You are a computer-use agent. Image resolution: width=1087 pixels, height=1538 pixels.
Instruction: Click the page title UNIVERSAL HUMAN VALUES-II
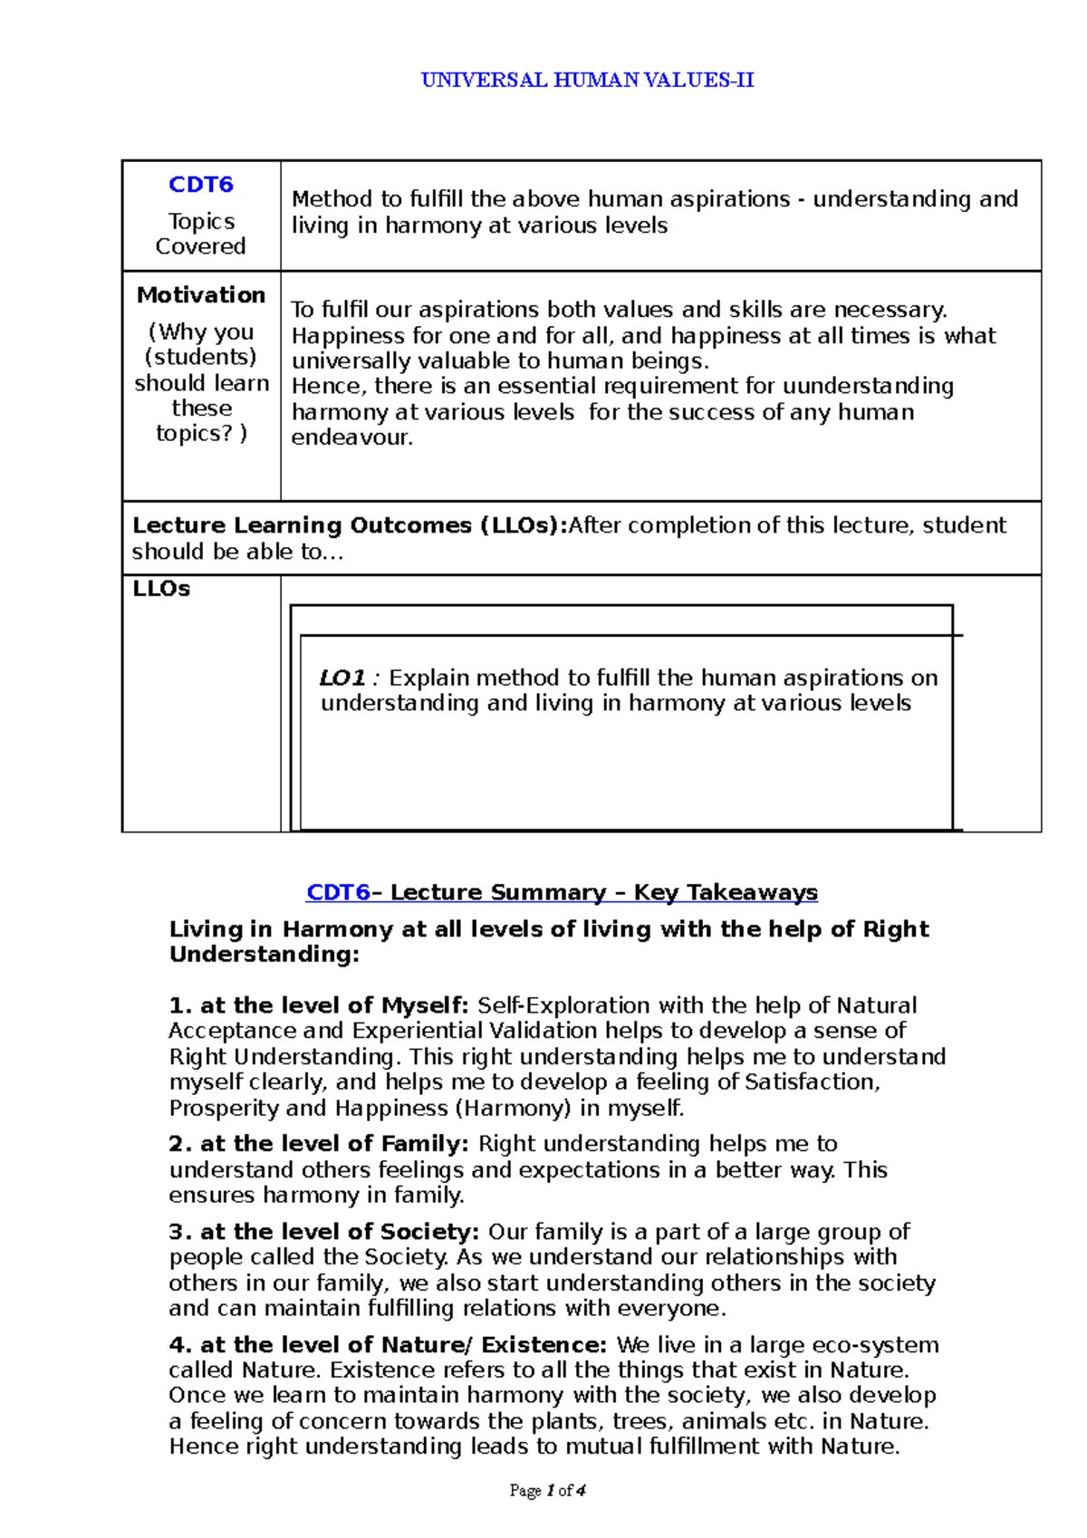(x=587, y=80)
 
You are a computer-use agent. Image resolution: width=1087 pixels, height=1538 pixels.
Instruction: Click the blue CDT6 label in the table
(x=201, y=185)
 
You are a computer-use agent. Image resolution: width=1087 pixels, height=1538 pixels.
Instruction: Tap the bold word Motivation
(x=201, y=295)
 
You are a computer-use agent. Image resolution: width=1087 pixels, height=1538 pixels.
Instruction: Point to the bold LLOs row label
(x=161, y=589)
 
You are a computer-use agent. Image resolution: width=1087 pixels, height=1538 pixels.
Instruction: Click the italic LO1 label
(x=342, y=678)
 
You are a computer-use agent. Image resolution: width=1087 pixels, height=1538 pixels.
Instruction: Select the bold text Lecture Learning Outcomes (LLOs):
(x=349, y=525)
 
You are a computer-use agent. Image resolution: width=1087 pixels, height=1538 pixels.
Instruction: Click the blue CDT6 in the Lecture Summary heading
(x=338, y=892)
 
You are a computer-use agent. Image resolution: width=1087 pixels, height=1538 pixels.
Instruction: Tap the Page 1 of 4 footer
(x=548, y=1491)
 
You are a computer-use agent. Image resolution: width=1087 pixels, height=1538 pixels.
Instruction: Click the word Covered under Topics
(x=200, y=246)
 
